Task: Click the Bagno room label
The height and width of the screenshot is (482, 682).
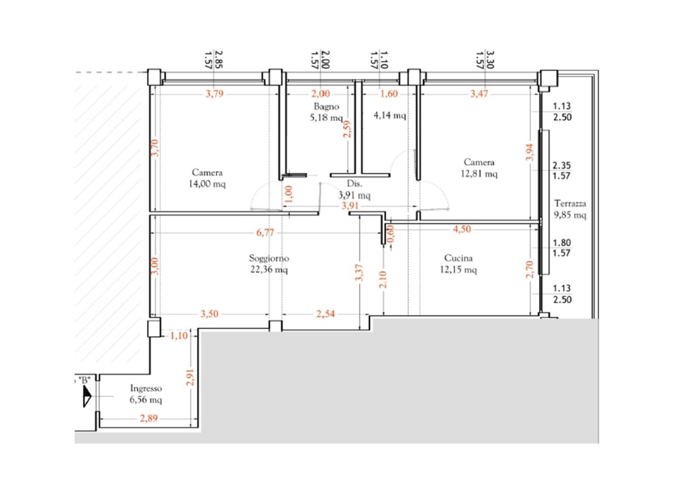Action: (326, 107)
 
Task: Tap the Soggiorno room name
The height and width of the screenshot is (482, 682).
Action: (269, 258)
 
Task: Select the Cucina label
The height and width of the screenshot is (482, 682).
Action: (458, 258)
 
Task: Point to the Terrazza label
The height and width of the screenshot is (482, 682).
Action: (570, 203)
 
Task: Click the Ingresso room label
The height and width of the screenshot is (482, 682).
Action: (146, 389)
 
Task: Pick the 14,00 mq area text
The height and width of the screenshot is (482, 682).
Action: (207, 184)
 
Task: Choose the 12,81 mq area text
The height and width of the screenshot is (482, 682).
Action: (479, 174)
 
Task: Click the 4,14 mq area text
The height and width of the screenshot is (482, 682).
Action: (390, 116)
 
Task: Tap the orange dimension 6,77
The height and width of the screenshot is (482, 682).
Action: (265, 232)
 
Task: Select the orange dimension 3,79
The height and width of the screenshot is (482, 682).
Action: (215, 94)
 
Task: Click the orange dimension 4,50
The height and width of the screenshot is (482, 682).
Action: (462, 229)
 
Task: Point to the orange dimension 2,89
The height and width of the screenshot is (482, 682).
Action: (149, 419)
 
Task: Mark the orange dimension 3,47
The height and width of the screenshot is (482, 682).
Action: (479, 94)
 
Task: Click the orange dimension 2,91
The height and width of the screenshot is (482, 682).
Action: (190, 377)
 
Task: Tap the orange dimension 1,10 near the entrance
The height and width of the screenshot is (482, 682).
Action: (179, 336)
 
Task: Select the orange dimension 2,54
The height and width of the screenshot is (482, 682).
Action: (325, 314)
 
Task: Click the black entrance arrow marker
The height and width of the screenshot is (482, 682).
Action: (87, 396)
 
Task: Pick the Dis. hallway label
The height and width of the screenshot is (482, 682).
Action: (354, 184)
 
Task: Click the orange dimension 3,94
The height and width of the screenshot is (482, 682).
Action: (530, 152)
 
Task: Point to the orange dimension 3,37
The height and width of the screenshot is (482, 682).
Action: (359, 273)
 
